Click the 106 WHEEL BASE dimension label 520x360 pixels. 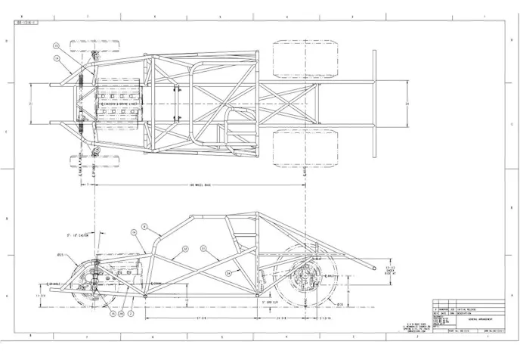(200, 185)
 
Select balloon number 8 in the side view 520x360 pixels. (144, 227)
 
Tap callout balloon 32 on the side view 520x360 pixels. (184, 247)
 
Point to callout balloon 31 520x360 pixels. (203, 247)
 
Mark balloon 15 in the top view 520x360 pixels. (56, 46)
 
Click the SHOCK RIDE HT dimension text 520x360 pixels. (391, 272)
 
